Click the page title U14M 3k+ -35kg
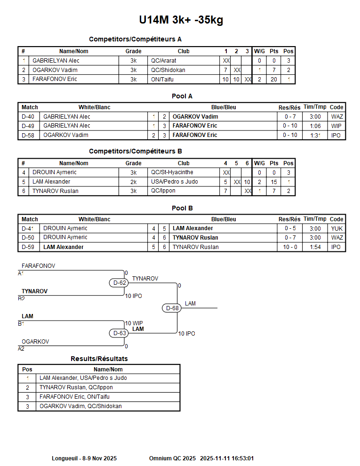[x=181, y=20]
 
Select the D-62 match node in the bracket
[x=120, y=283]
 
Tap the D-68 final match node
[x=173, y=308]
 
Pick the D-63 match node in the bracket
[x=120, y=333]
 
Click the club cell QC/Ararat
[x=163, y=61]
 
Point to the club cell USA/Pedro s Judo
[x=174, y=182]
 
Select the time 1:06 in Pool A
[x=315, y=126]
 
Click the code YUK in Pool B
[x=336, y=228]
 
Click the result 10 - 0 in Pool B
[x=289, y=247]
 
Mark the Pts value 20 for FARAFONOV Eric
[x=273, y=80]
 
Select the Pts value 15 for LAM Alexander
[x=273, y=182]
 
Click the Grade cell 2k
[x=133, y=182]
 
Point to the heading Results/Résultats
[x=99, y=359]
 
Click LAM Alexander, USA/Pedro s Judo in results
[x=83, y=378]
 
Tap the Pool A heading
[x=182, y=96]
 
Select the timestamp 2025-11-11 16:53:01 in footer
[x=227, y=458]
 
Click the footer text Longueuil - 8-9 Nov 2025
[x=84, y=458]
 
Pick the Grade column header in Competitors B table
[x=133, y=163]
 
